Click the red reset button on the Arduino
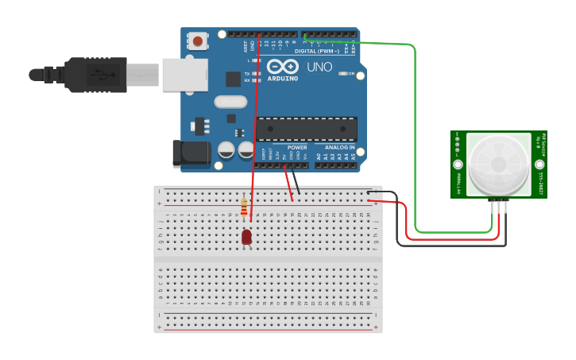point(196,40)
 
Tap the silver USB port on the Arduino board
point(184,74)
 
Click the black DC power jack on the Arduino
point(191,153)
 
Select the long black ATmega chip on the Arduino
point(306,127)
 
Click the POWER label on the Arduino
point(297,147)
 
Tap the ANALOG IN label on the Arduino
point(334,147)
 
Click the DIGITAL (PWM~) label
point(316,51)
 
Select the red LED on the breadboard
point(246,236)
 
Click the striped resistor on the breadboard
point(244,208)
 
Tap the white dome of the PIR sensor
point(498,164)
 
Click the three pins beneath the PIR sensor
point(498,205)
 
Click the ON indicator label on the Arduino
point(350,73)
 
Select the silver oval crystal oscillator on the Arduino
point(230,102)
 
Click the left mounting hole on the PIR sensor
point(458,165)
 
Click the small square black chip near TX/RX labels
point(234,79)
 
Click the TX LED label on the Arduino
point(247,72)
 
